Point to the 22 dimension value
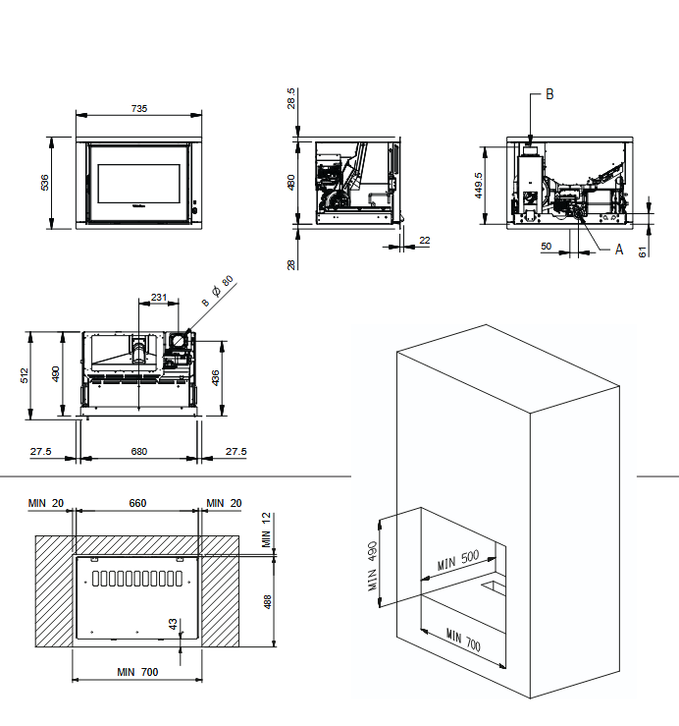pyautogui.click(x=424, y=240)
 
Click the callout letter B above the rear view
pyautogui.click(x=549, y=94)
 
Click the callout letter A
pyautogui.click(x=619, y=250)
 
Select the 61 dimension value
pyautogui.click(x=644, y=251)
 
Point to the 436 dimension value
pyautogui.click(x=216, y=377)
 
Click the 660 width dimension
pyautogui.click(x=137, y=503)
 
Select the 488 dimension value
pyautogui.click(x=267, y=600)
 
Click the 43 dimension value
pyautogui.click(x=173, y=624)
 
